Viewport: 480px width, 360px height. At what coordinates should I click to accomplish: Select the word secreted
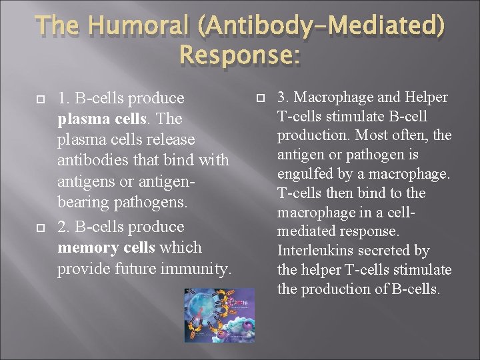[387, 251]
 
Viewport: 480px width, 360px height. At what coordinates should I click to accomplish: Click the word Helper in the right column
[424, 97]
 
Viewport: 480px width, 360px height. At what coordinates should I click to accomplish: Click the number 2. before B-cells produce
[64, 226]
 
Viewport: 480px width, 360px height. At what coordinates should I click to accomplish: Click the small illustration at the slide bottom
[219, 315]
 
